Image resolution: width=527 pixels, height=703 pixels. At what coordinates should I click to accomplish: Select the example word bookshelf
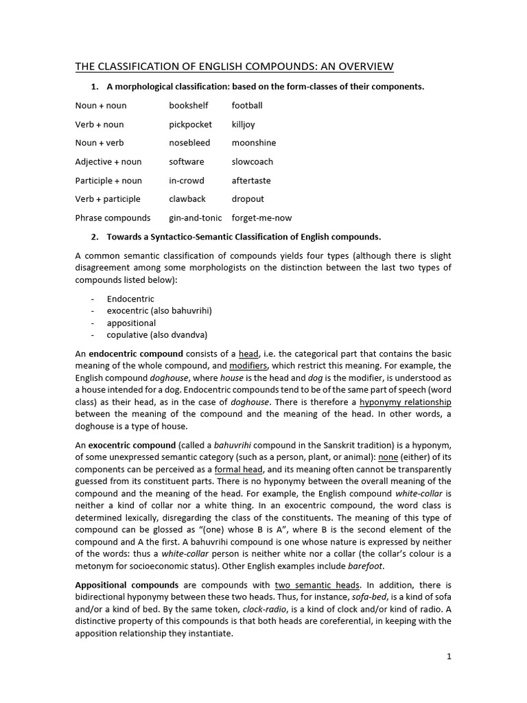(x=189, y=106)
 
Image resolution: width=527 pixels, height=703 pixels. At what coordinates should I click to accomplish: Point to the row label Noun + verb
(x=99, y=143)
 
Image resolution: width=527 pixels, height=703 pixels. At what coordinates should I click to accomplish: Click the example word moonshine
(x=253, y=143)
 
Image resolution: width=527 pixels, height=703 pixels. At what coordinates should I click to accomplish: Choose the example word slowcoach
(x=252, y=162)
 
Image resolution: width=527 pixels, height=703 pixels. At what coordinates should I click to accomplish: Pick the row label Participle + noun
(x=108, y=181)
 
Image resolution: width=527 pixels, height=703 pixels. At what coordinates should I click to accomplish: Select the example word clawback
(x=188, y=199)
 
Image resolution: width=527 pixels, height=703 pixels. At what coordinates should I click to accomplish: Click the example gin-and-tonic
(x=196, y=218)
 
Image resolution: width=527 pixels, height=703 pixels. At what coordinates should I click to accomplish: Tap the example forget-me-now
(x=261, y=218)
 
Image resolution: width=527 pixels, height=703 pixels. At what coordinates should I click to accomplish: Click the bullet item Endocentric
(x=130, y=299)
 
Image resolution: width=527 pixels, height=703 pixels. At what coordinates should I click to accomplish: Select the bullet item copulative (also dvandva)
(x=156, y=335)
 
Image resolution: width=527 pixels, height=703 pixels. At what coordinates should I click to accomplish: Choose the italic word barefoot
(x=366, y=566)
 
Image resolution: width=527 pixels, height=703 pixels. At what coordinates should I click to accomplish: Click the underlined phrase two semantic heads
(x=317, y=585)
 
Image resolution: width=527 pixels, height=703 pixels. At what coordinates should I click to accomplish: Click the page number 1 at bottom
(x=449, y=656)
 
